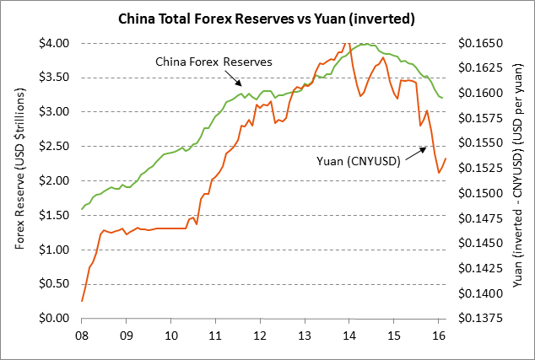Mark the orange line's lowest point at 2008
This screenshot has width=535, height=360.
(82, 301)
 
